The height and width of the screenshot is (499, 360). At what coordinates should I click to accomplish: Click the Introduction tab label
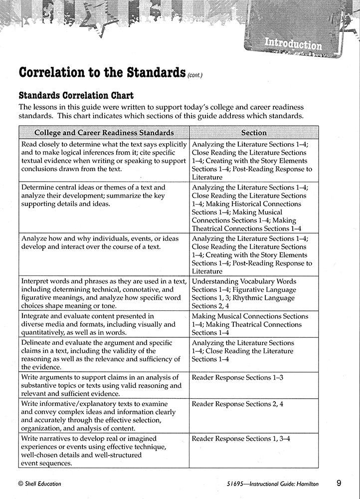(293, 44)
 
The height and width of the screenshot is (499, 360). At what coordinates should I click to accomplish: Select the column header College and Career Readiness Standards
(104, 133)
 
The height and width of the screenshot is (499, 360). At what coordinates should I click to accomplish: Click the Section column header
(254, 133)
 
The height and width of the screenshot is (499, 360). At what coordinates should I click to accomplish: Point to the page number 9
(339, 483)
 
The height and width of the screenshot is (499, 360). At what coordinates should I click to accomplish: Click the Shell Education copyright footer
(39, 483)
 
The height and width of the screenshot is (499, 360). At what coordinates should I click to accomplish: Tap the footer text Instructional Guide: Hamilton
(283, 483)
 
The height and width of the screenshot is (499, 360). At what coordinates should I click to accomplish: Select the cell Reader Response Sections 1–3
(237, 377)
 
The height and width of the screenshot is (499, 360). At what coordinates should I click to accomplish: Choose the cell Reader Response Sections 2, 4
(237, 404)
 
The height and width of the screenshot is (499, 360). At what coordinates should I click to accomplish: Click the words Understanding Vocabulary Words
(244, 281)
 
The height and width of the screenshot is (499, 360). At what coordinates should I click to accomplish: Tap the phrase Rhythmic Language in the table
(265, 298)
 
